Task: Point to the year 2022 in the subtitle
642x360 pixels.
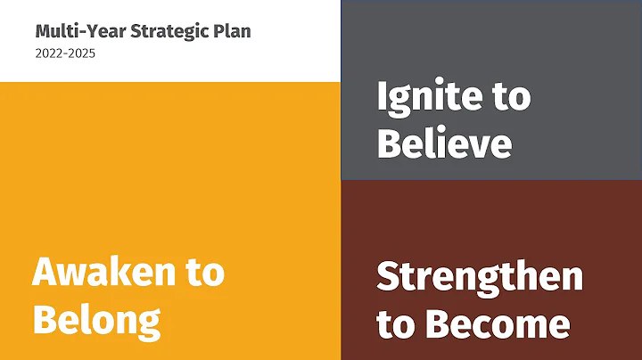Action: tap(47, 53)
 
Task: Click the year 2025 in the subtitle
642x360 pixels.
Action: tap(82, 53)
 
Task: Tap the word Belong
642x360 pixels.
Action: tap(96, 317)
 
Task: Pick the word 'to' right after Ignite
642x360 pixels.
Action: tap(510, 98)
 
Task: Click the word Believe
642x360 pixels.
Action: tap(444, 143)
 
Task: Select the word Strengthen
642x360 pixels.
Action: tap(480, 277)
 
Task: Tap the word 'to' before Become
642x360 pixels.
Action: tap(395, 323)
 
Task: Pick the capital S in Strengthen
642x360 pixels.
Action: tap(389, 277)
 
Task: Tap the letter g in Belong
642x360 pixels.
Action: tap(148, 321)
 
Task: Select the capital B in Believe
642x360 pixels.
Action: tap(389, 143)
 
